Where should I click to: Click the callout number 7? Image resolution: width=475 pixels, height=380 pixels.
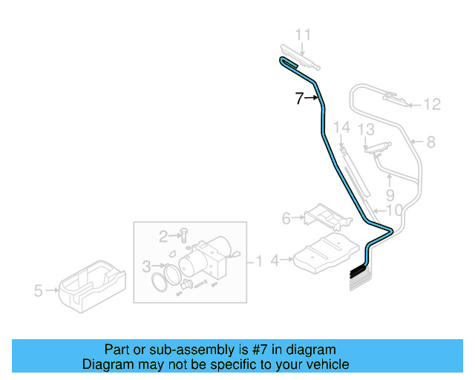coord(299,98)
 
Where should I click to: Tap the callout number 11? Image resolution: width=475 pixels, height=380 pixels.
coord(304,34)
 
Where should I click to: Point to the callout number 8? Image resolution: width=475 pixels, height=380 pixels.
coord(430,140)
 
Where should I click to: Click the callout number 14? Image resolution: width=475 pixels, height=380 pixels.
coord(341,128)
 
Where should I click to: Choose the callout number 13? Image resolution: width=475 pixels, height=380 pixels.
coord(366,130)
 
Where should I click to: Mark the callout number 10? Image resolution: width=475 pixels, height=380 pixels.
coord(394,210)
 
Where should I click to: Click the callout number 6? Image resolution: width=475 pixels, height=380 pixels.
coord(286,218)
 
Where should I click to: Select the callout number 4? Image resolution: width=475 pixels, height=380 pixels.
coord(275,261)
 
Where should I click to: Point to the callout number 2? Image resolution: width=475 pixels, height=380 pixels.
coord(163,236)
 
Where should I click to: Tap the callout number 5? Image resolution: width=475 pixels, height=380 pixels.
coord(39,292)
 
